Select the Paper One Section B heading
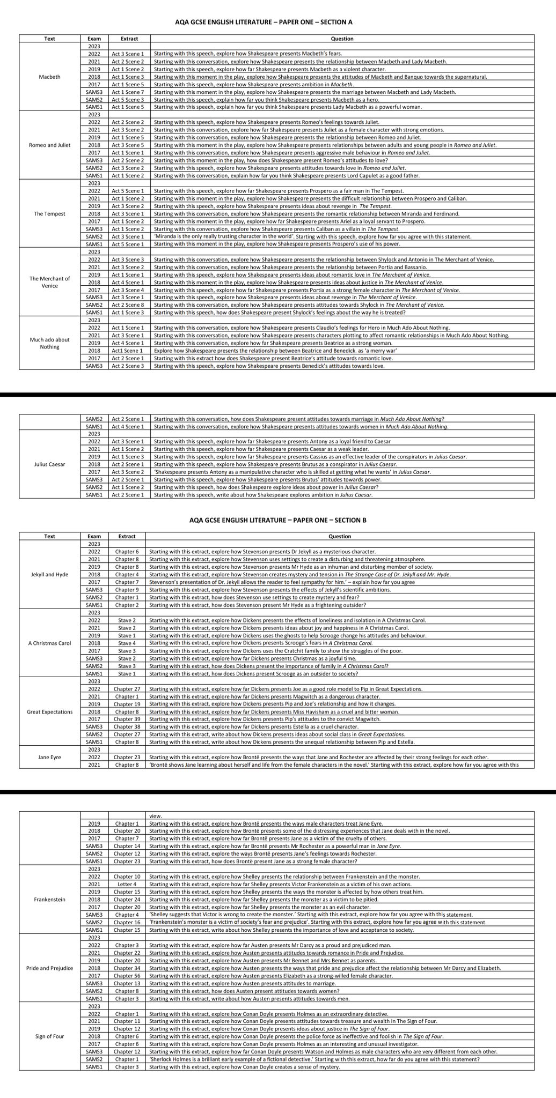[277, 520]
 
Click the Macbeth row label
[50, 77]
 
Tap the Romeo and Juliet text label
[50, 145]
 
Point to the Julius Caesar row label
[50, 464]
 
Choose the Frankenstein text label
[50, 899]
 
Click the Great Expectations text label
[50, 711]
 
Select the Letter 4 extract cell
[127, 884]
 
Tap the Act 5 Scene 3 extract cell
[128, 100]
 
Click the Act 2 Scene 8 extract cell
[128, 305]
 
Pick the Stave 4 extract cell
[127, 643]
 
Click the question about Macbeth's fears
[247, 54]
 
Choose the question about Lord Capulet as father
[287, 175]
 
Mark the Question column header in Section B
[340, 536]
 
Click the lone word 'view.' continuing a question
[156, 816]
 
